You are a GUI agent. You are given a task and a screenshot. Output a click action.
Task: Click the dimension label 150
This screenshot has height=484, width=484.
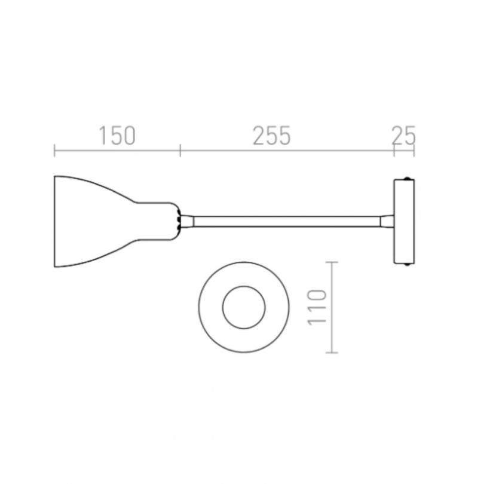tap(117, 136)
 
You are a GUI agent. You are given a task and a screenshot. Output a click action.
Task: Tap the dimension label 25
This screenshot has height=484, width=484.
tap(403, 136)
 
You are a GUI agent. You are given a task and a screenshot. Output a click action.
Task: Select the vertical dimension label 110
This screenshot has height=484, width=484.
tap(319, 307)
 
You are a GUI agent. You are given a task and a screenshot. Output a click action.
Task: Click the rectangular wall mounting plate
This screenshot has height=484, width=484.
tap(404, 222)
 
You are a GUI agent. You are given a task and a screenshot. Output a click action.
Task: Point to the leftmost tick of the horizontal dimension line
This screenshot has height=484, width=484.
tap(54, 150)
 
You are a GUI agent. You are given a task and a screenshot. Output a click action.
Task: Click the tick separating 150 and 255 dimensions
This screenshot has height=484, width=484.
tap(180, 150)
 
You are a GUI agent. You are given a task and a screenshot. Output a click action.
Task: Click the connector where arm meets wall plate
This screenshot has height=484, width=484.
tap(387, 222)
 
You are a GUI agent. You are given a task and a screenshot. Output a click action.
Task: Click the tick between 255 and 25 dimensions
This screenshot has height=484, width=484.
tap(394, 150)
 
